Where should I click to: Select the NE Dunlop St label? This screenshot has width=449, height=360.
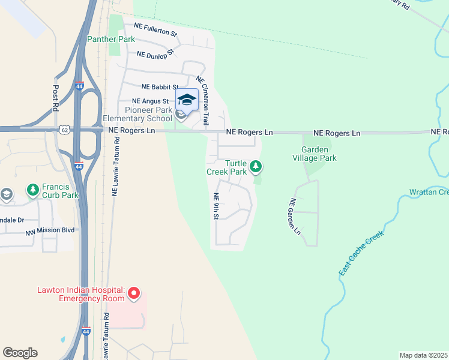[x=155, y=53]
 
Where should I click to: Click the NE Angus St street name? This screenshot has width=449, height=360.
[x=150, y=101]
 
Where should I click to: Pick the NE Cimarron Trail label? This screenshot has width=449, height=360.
[x=202, y=100]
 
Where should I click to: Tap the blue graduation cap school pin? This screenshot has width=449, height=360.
[x=187, y=100]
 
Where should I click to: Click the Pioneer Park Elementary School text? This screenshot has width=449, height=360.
[x=148, y=114]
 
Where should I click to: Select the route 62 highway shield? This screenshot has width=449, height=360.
[x=64, y=129]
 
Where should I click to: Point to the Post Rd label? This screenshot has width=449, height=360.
[x=56, y=96]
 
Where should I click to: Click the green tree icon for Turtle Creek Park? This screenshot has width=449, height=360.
[x=256, y=166]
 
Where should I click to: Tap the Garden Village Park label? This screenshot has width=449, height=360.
[x=319, y=154]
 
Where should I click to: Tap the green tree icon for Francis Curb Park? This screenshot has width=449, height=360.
[x=32, y=190]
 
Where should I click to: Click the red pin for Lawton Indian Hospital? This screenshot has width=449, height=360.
[x=134, y=293]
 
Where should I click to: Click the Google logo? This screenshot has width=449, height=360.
[x=20, y=353]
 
